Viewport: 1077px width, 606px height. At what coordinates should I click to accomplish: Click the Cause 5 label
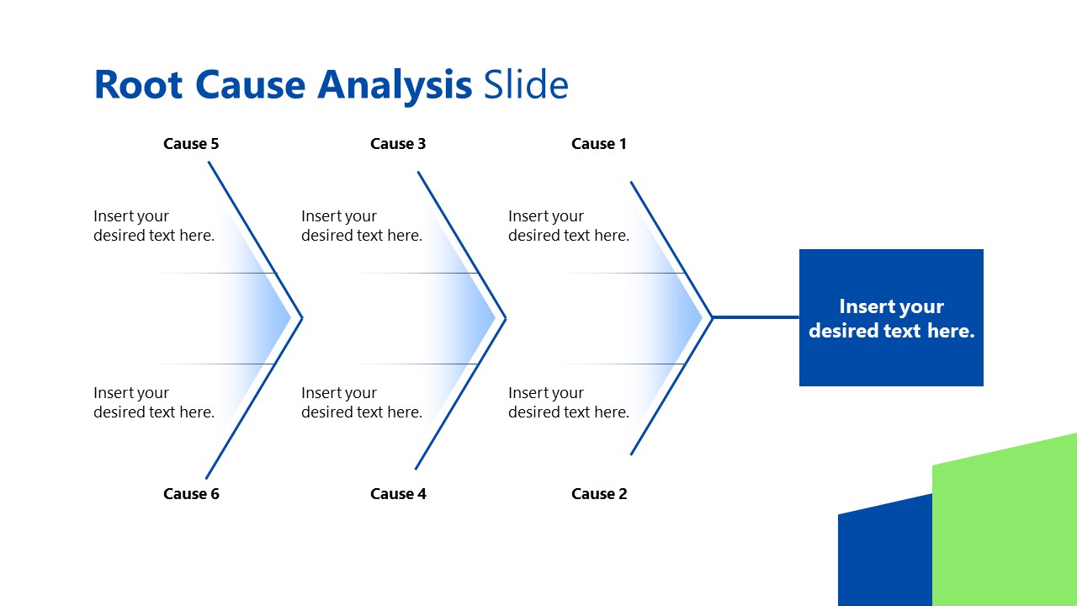click(x=191, y=144)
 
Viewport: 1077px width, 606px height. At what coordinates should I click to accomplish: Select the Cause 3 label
click(x=398, y=144)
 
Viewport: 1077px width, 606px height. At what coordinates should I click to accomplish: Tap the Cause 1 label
click(x=599, y=144)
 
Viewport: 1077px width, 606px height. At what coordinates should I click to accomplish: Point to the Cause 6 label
click(x=191, y=494)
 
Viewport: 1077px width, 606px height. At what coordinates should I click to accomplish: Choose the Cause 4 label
click(x=398, y=494)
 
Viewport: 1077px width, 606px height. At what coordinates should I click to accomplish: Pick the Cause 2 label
click(x=599, y=494)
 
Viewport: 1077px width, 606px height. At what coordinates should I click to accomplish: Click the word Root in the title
click(x=138, y=85)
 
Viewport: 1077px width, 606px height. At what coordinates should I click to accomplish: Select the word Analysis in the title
click(x=395, y=85)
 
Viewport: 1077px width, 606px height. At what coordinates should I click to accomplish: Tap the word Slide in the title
click(x=526, y=85)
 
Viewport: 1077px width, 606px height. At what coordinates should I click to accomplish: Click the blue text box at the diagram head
click(x=891, y=318)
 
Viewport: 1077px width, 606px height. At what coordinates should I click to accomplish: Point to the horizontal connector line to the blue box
click(x=756, y=317)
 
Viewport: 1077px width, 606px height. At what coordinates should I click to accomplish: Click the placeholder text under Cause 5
click(x=154, y=226)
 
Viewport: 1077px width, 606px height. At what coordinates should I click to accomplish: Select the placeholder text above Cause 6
click(x=154, y=402)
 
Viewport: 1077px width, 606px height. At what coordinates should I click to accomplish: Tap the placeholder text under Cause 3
click(x=362, y=226)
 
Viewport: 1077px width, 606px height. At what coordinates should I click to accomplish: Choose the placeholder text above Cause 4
click(x=362, y=402)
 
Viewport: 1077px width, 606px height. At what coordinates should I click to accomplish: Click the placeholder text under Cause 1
click(x=569, y=226)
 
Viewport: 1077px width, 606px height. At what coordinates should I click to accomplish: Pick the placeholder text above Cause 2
click(x=569, y=402)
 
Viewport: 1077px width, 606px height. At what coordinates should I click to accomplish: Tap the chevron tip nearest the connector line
click(x=711, y=317)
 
